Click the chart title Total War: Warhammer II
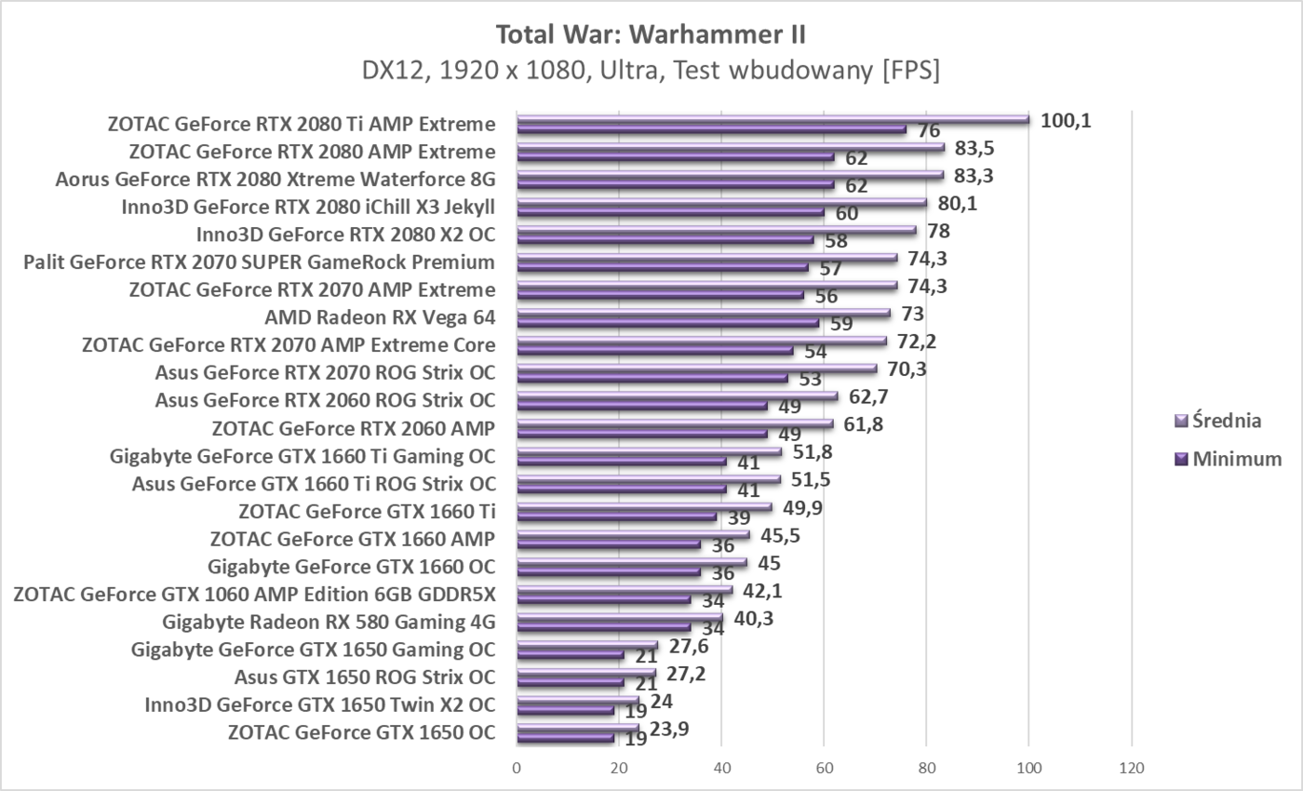(x=651, y=34)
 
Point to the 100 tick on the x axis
(x=1028, y=769)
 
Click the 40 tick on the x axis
(x=721, y=769)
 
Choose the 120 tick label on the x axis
(x=1131, y=769)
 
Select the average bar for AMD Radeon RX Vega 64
(x=703, y=314)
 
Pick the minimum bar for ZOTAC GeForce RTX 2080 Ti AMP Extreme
(x=711, y=129)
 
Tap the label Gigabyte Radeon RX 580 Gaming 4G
(x=329, y=622)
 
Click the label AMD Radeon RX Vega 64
(x=380, y=318)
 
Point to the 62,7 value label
(x=867, y=397)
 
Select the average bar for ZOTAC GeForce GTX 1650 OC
(x=577, y=729)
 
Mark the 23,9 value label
(x=670, y=730)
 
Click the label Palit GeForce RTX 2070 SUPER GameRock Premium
(x=259, y=262)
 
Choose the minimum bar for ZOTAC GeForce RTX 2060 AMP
(x=641, y=434)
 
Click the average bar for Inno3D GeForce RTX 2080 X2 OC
(x=716, y=231)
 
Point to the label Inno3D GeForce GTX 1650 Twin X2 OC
(x=319, y=704)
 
